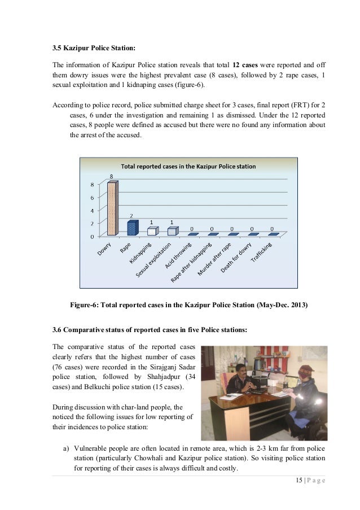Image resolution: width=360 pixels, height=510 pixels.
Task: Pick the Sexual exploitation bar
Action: click(172, 231)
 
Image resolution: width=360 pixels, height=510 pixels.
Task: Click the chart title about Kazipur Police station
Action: click(188, 167)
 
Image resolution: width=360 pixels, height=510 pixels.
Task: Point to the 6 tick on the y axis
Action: click(93, 198)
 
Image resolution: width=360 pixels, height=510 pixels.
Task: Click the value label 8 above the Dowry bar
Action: click(111, 176)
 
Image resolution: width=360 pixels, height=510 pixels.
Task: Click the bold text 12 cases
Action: click(247, 64)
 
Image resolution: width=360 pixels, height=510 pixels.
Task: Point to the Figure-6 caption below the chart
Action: click(188, 306)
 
